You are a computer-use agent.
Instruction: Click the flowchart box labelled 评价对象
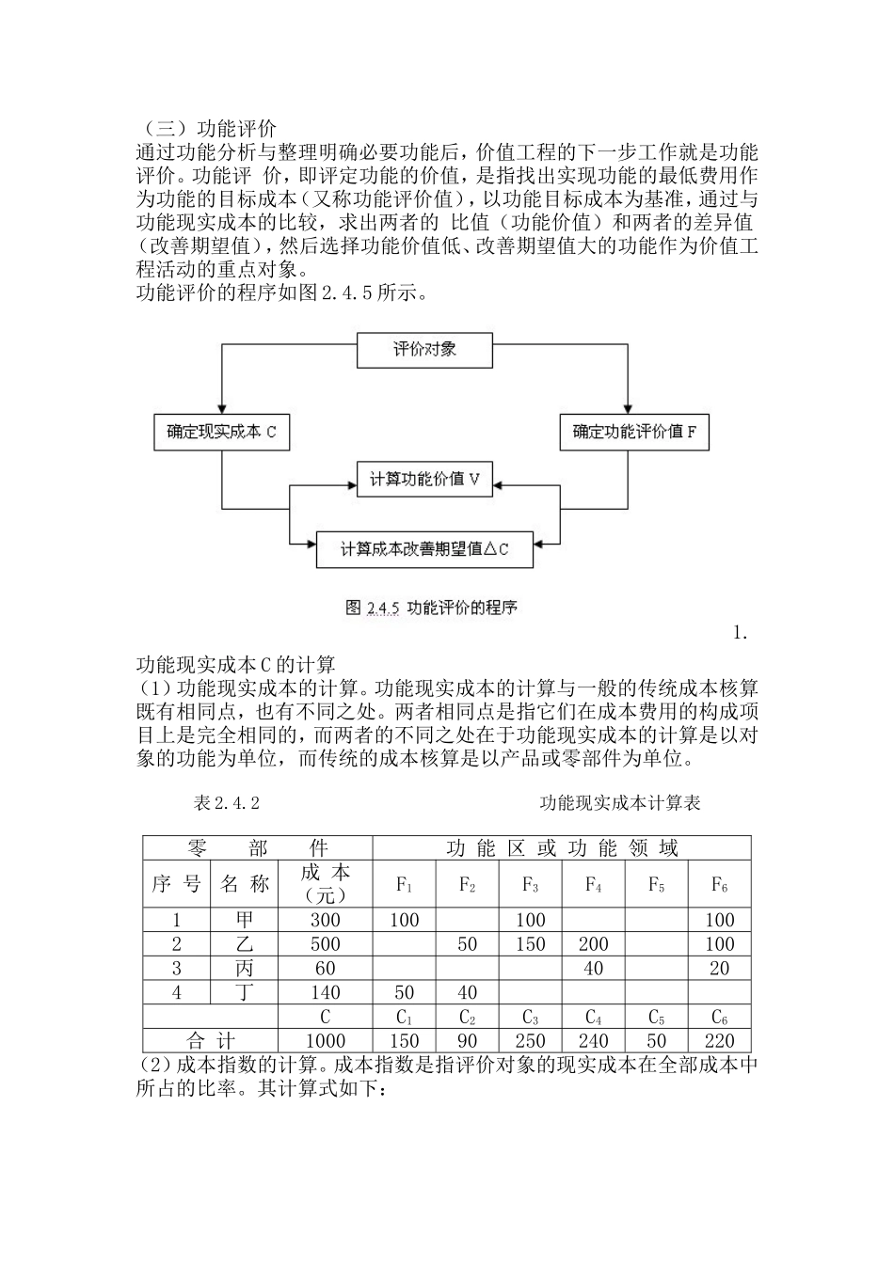(424, 350)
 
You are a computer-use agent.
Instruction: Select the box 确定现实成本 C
(221, 433)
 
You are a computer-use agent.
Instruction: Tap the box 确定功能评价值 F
(634, 433)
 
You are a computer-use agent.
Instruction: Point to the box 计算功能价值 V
(424, 480)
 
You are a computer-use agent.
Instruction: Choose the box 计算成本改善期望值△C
(424, 549)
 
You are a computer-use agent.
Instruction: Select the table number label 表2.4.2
(226, 803)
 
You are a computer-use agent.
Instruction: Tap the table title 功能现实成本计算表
(619, 803)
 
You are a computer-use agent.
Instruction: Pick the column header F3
(530, 884)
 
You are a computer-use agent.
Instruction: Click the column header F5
(656, 884)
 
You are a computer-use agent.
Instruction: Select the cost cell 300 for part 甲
(326, 920)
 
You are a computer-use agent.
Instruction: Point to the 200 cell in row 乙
(593, 944)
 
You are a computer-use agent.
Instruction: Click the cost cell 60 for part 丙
(326, 969)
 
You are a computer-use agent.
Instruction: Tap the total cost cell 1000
(326, 1041)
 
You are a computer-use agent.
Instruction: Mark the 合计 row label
(212, 1041)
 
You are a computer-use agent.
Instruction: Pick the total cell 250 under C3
(530, 1041)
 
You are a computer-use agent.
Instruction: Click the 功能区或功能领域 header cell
(562, 848)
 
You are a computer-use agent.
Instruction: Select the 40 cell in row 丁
(467, 992)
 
